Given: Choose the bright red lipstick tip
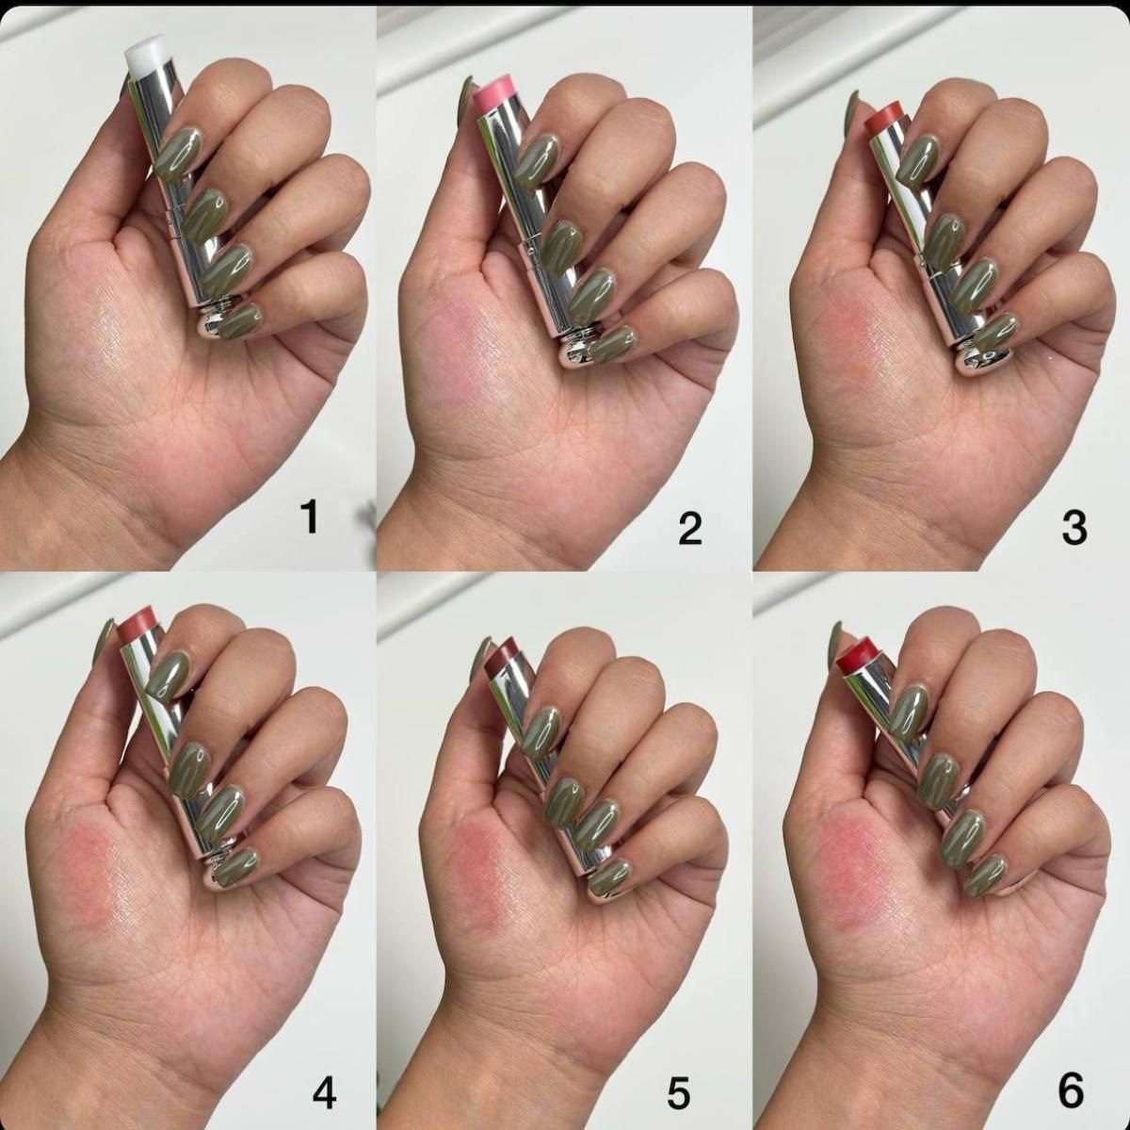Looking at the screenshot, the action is pos(859,659).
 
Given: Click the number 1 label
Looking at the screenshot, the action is pos(309,516).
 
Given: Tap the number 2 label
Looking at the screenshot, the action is pos(690,528).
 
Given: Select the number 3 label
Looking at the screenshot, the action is pos(1074,528).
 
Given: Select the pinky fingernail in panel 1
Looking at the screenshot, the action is pos(242,322).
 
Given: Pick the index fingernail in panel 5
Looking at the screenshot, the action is pos(543,730).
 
